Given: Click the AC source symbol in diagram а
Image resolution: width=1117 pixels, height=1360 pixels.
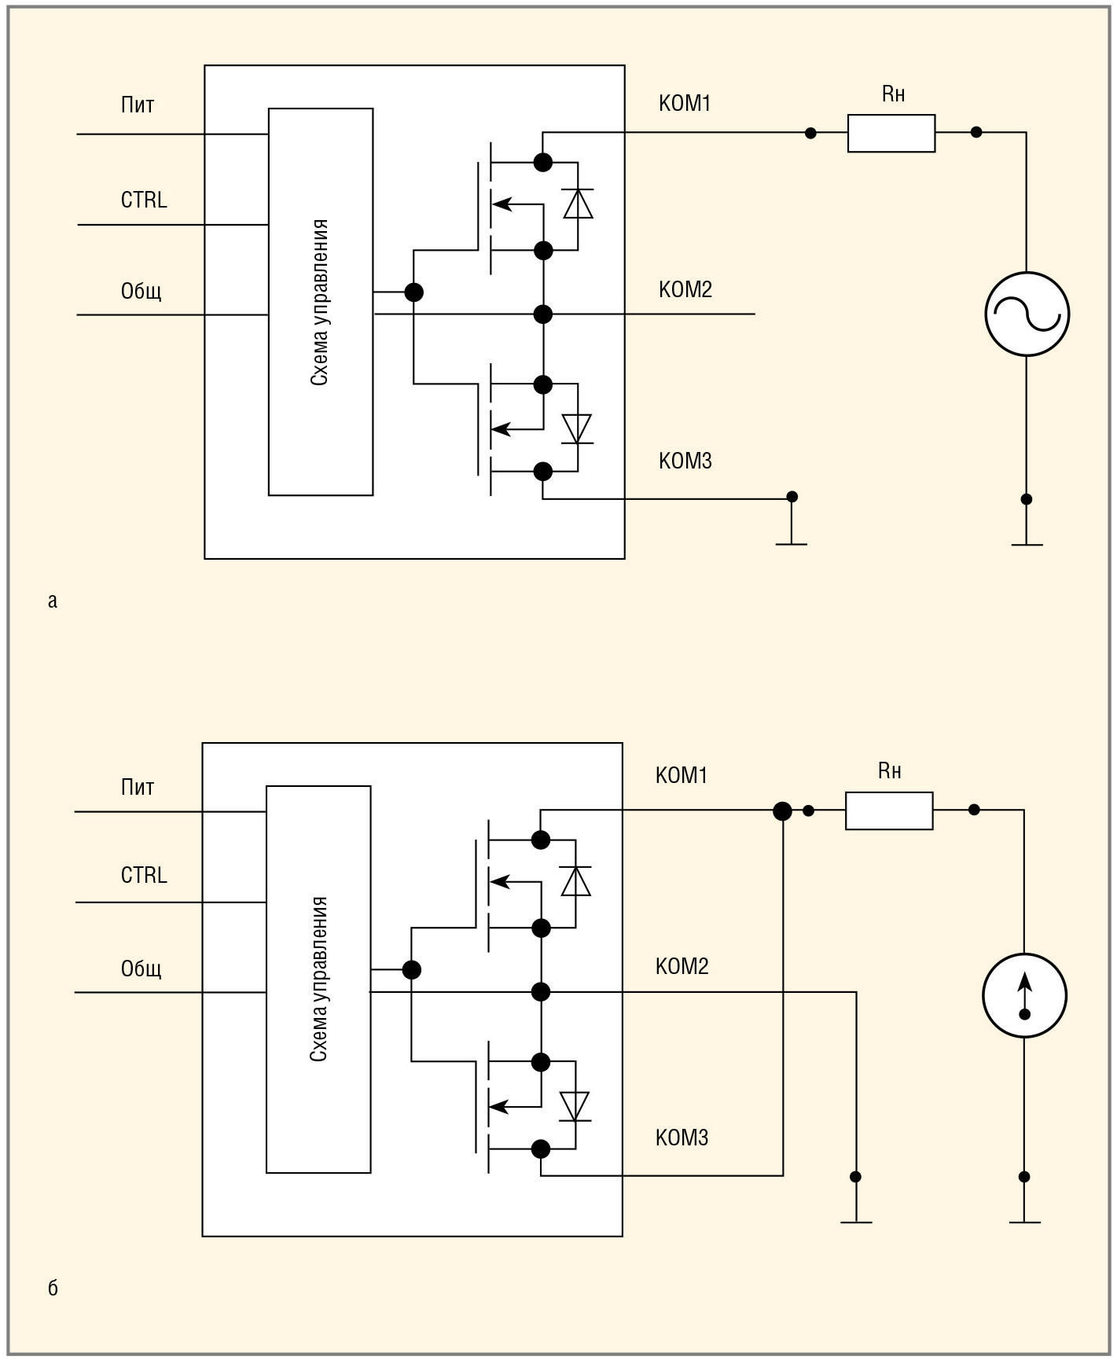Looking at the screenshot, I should (x=1027, y=314).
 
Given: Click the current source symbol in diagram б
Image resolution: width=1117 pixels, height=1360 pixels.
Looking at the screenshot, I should (x=1024, y=995).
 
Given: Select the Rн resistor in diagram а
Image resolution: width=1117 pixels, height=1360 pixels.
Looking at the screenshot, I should (x=891, y=133).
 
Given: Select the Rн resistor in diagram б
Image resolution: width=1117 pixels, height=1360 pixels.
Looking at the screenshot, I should (x=889, y=810).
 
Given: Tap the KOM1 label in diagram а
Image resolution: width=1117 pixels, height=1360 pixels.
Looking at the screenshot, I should (x=685, y=103).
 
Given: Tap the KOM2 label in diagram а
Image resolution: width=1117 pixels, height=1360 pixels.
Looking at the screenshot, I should (x=685, y=289).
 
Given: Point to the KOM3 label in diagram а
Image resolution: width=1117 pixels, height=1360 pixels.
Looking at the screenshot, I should (x=685, y=461).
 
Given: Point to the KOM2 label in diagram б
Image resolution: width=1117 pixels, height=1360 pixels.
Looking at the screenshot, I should (x=682, y=966).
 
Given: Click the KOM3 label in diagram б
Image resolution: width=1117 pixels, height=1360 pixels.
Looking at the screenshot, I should (x=682, y=1138).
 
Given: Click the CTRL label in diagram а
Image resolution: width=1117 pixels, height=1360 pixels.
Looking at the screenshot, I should (x=144, y=200).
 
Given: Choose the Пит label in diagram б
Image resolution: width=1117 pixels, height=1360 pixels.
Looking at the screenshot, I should (x=138, y=787).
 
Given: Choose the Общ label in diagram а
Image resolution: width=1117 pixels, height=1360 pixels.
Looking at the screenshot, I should (x=141, y=292).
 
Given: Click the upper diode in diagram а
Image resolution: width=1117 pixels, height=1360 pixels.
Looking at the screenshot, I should (x=578, y=204).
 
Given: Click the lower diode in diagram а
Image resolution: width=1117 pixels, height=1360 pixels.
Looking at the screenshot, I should (x=578, y=429).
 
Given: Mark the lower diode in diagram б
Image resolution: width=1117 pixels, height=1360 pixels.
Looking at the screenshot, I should (x=575, y=1106).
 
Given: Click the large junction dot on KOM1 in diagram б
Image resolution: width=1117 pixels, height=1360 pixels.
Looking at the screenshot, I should (x=782, y=810).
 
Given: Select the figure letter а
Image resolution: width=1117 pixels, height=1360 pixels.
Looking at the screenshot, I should (x=53, y=601).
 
